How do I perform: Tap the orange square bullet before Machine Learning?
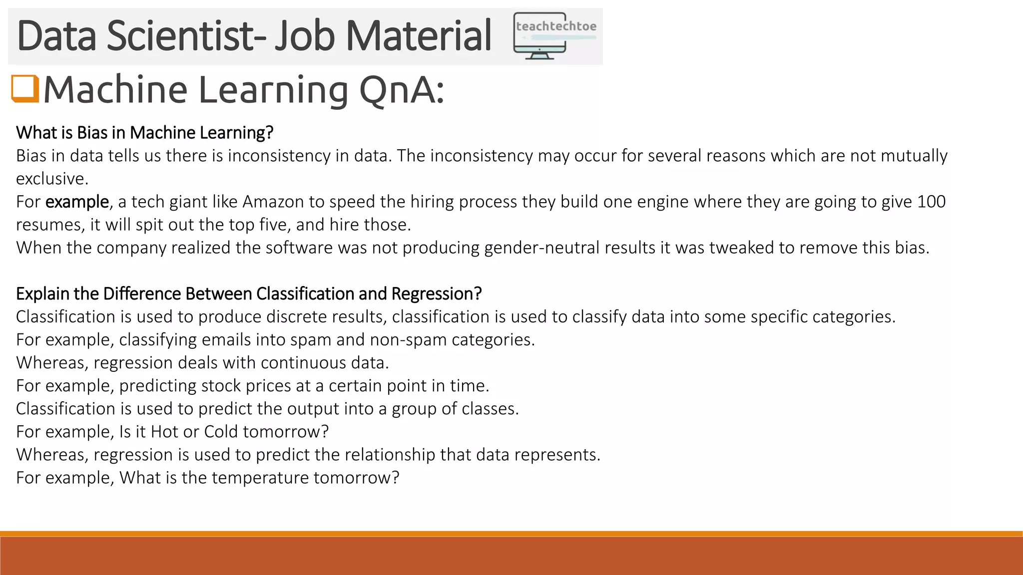tap(25, 88)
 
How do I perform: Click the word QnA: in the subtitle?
tap(401, 90)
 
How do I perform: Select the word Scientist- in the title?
tap(186, 36)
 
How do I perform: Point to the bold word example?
tap(77, 202)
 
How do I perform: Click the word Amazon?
tap(273, 202)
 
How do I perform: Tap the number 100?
tap(931, 202)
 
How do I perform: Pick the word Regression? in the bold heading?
tap(436, 294)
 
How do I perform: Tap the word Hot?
tap(164, 432)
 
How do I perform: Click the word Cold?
tap(221, 432)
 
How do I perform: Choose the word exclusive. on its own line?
tap(52, 179)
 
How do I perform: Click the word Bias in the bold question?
tap(92, 133)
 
